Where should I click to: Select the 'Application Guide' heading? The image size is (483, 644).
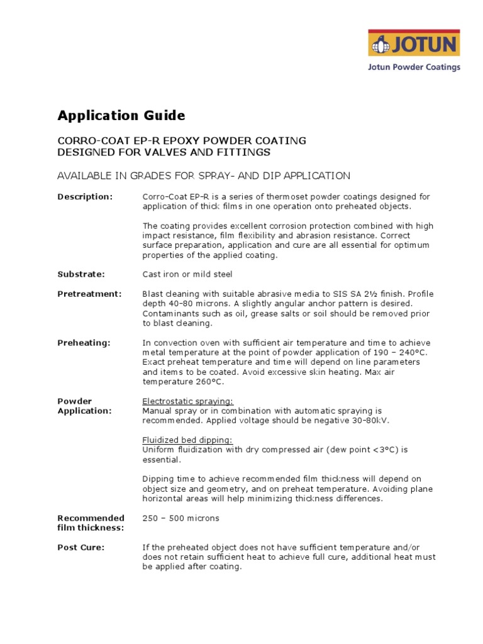pyautogui.click(x=121, y=116)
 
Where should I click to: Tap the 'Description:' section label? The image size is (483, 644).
pyautogui.click(x=85, y=197)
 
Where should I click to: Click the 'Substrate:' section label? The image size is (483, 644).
pyautogui.click(x=81, y=274)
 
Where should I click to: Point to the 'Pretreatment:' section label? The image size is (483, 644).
pyautogui.click(x=89, y=294)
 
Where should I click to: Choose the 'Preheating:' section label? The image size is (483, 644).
pyautogui.click(x=84, y=343)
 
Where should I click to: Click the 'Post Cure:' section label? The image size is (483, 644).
pyautogui.click(x=81, y=547)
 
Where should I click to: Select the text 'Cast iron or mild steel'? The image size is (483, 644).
pyautogui.click(x=187, y=274)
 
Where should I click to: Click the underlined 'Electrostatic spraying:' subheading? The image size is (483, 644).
pyautogui.click(x=187, y=401)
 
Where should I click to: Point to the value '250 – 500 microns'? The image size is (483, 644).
pyautogui.click(x=181, y=518)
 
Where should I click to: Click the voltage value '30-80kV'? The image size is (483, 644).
pyautogui.click(x=360, y=420)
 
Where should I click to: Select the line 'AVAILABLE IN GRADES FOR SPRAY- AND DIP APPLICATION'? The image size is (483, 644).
pyautogui.click(x=204, y=175)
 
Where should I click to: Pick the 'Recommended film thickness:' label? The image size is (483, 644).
pyautogui.click(x=91, y=523)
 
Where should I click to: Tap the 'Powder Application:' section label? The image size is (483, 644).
pyautogui.click(x=84, y=406)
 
